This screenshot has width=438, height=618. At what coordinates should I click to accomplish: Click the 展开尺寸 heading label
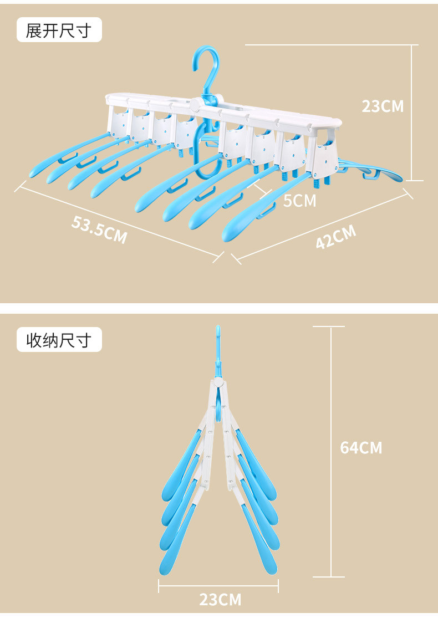[58, 30]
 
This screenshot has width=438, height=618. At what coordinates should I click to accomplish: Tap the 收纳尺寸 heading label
[58, 340]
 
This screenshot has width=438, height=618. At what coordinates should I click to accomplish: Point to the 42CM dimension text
[336, 237]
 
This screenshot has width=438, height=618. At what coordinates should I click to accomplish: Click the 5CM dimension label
[299, 200]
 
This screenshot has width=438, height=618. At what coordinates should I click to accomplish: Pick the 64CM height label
[361, 447]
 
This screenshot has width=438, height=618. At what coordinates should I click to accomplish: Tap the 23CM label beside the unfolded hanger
[383, 106]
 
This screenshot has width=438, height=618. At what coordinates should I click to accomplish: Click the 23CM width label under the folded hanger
[220, 599]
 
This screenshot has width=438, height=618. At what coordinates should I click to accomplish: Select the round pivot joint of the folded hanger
[218, 382]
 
